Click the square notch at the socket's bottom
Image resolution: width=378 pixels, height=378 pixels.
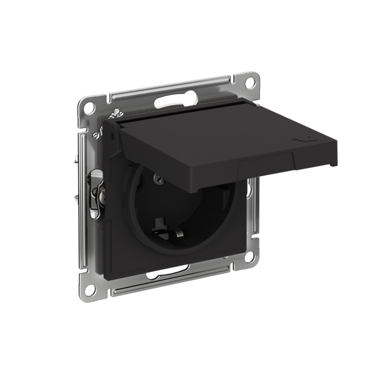click(159, 221)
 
